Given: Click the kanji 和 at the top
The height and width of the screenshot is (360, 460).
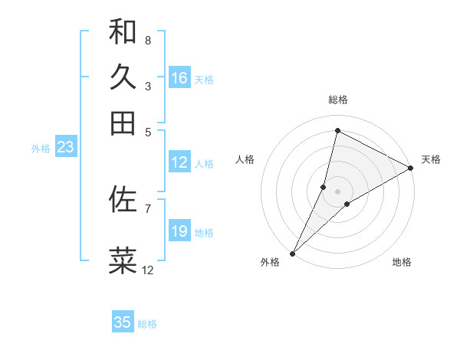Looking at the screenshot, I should coord(123,31).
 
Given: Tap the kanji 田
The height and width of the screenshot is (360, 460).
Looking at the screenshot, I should coord(123,123).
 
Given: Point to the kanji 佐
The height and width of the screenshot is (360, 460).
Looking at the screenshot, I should coord(123,199).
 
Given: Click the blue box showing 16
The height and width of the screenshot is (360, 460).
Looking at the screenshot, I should coord(179,78).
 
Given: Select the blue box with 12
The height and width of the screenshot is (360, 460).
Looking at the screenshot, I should coord(179,162).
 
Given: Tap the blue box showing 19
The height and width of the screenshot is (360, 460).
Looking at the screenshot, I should coord(179,231).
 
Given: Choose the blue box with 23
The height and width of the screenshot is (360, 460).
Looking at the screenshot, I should coord(65,147).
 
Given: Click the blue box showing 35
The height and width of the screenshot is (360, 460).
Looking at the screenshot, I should coord(123,322).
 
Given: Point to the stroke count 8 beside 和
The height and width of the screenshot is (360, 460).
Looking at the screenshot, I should coord(147,40).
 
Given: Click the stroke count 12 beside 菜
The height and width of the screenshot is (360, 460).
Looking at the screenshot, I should coord(147,270).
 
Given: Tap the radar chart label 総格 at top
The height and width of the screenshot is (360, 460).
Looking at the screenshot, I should coord(338,100).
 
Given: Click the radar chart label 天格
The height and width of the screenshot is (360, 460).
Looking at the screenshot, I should coord(431,159).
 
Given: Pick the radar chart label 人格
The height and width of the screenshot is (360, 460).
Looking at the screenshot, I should coord(245,159).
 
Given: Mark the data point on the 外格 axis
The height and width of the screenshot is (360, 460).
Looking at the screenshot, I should coord(292,253).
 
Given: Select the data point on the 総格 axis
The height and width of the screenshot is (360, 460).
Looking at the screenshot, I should coord(337,130).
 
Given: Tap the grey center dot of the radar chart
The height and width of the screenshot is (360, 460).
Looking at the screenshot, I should coord(337,191).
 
